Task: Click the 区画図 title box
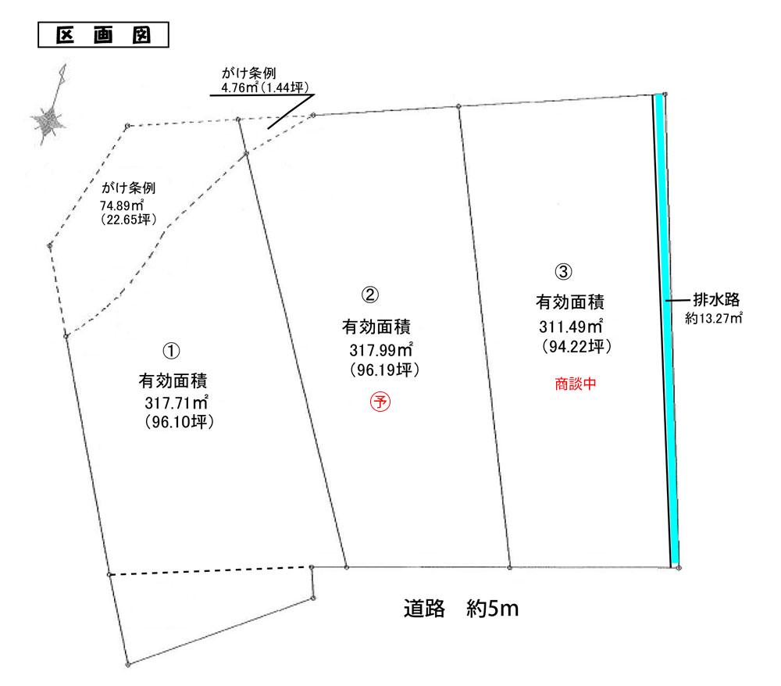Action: pos(103,35)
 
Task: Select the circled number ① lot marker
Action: pos(171,352)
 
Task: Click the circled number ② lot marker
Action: pos(370,295)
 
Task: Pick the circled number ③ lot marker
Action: pos(563,272)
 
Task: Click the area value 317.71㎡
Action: pos(177,402)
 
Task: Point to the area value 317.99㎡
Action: pos(381,350)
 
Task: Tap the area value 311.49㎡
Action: pos(571,327)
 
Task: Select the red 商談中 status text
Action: pos(576,384)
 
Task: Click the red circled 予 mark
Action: pos(380,402)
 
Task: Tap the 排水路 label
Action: pos(716,299)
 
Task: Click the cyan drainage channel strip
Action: pos(666,329)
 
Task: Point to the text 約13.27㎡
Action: pos(714,318)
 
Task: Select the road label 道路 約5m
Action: pos(461,609)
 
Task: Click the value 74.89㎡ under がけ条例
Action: pos(122,205)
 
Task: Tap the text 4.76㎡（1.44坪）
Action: pos(265,88)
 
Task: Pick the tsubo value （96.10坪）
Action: pos(180,422)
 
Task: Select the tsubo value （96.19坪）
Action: pos(384,370)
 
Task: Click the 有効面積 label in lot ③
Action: pos(570,302)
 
